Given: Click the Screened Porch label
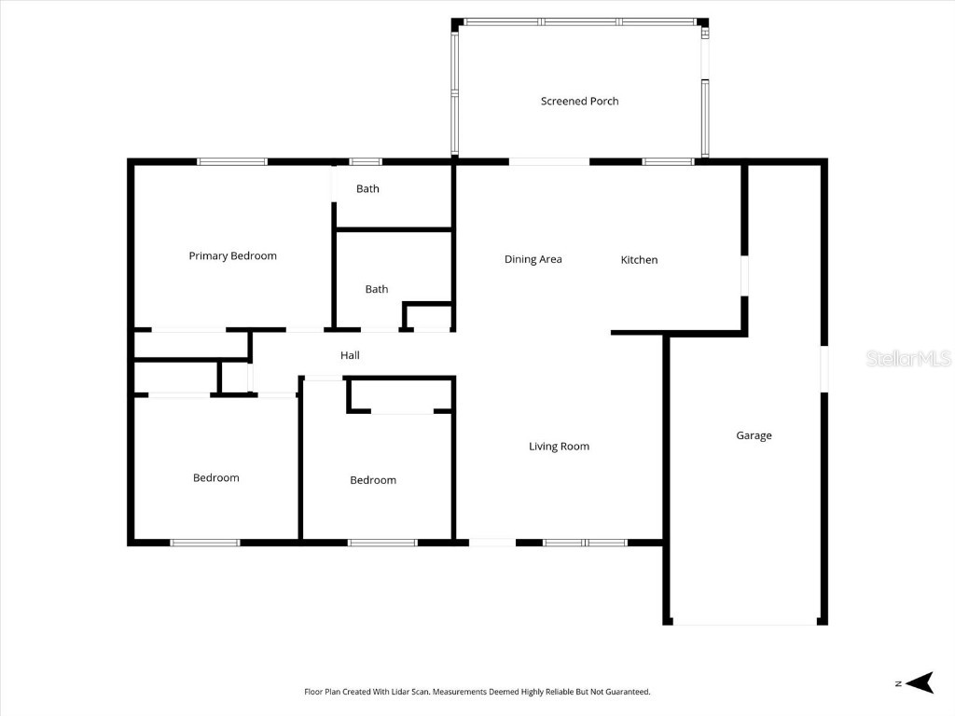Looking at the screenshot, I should pyautogui.click(x=579, y=101).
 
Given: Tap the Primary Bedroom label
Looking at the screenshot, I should pyautogui.click(x=232, y=255).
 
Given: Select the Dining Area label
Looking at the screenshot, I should pyautogui.click(x=533, y=259).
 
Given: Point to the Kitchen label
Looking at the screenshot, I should pyautogui.click(x=639, y=260).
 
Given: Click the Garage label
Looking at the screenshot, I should pyautogui.click(x=754, y=435).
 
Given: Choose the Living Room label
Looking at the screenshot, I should pyautogui.click(x=559, y=447).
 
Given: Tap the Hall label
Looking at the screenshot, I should pyautogui.click(x=350, y=355).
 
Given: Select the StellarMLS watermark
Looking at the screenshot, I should pyautogui.click(x=907, y=358).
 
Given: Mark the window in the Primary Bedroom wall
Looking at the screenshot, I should pyautogui.click(x=232, y=162).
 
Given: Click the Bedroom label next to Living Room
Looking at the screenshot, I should pyautogui.click(x=373, y=480).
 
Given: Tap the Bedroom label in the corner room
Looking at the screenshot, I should pyautogui.click(x=215, y=477).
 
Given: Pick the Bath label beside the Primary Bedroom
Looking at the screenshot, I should pyautogui.click(x=367, y=188).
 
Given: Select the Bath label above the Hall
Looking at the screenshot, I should pyautogui.click(x=377, y=289).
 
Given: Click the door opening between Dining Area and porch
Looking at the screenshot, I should pyautogui.click(x=548, y=162).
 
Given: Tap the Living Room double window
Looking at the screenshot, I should pyautogui.click(x=586, y=542).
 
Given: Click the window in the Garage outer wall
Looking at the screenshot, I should pyautogui.click(x=824, y=369).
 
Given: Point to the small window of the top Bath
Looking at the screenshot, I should pyautogui.click(x=366, y=162).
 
